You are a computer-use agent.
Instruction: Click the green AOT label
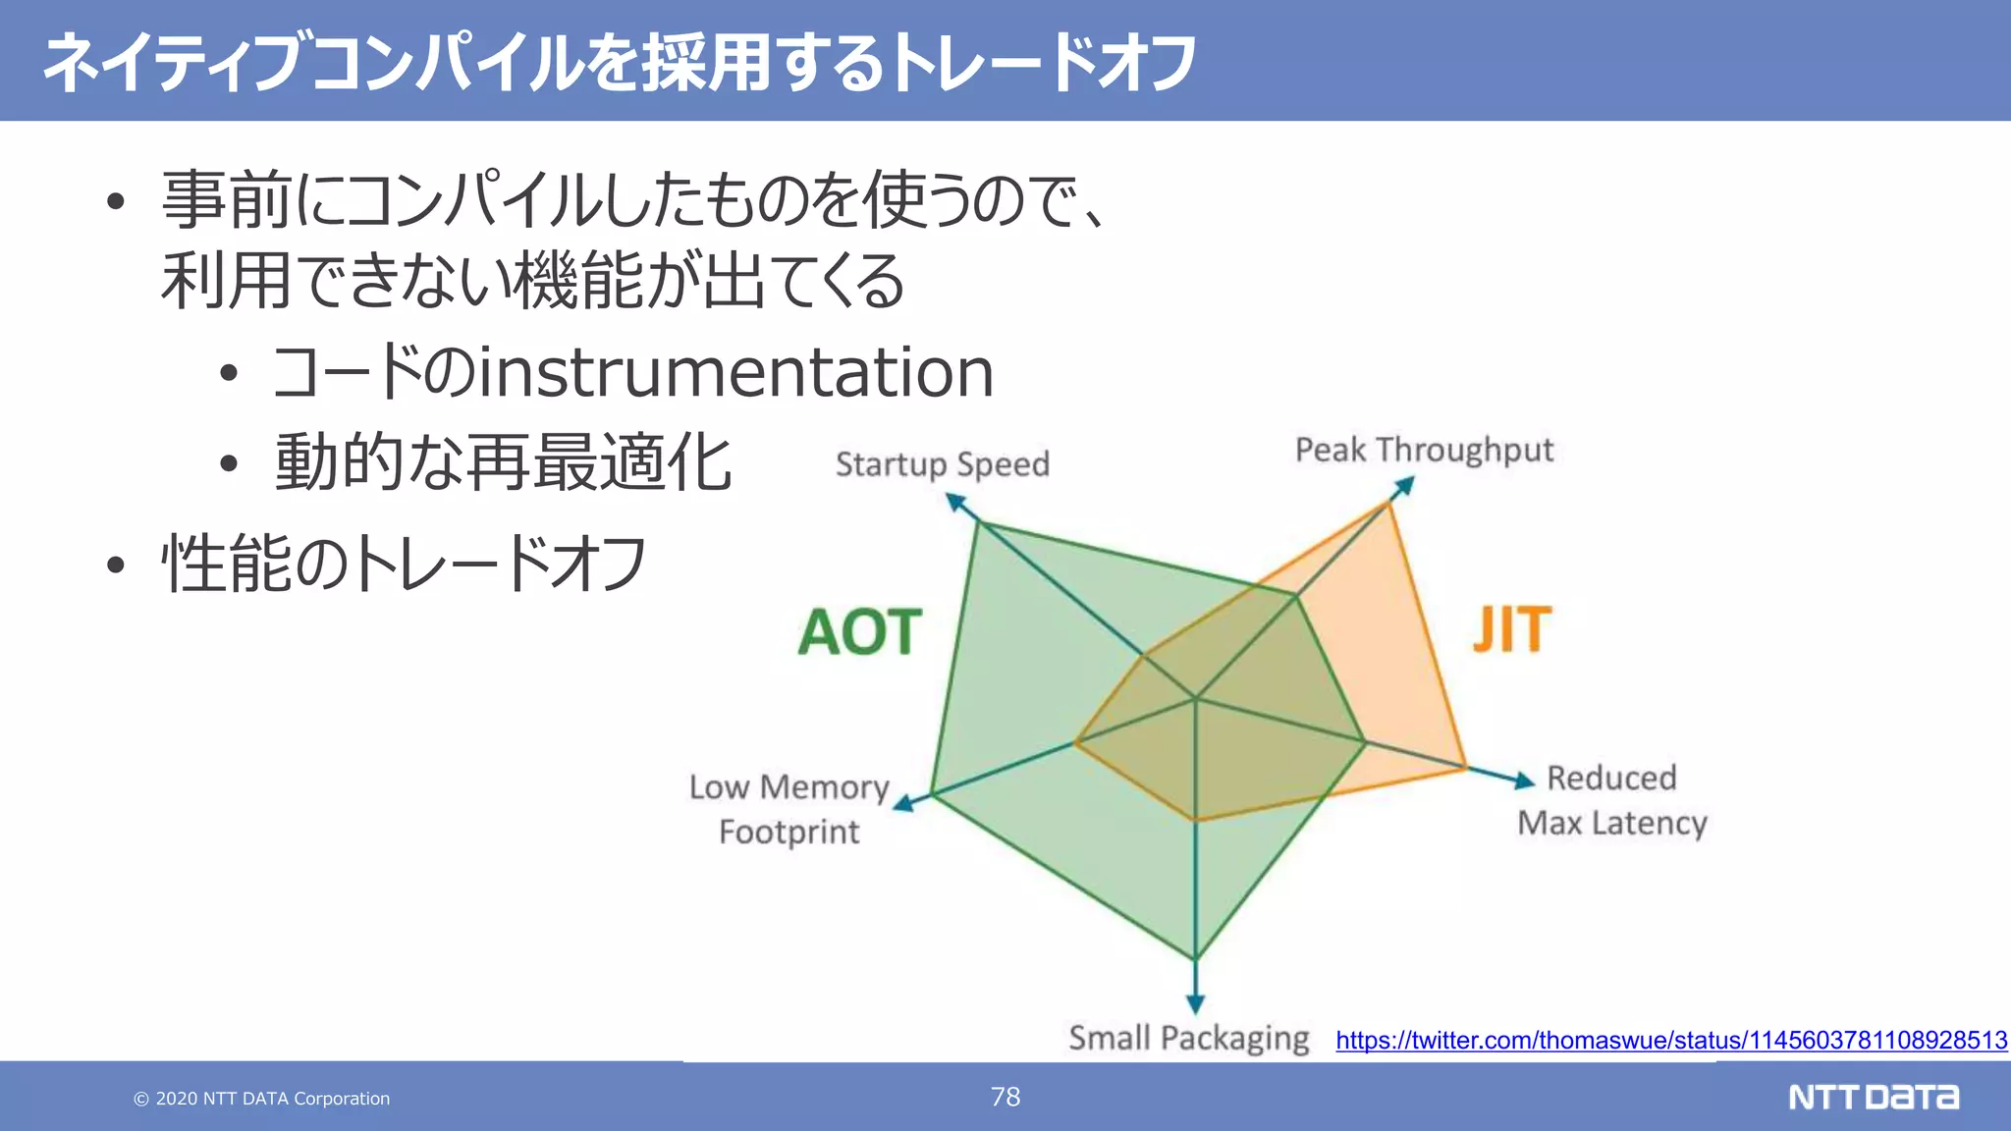(x=860, y=632)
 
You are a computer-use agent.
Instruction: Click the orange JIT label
(x=1512, y=630)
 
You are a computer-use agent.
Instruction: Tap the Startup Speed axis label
(x=943, y=463)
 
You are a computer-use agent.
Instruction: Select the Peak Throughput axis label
(x=1424, y=450)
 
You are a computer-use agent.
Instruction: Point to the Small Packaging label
(x=1188, y=1038)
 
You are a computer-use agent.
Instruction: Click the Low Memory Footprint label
(x=789, y=809)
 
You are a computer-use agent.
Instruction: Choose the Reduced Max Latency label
(x=1612, y=800)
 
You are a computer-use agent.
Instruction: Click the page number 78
(x=1005, y=1097)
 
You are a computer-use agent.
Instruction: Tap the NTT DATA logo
(x=1874, y=1097)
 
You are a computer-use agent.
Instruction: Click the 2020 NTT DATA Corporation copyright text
(x=262, y=1099)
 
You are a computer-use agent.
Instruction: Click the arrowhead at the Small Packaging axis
(x=1195, y=1003)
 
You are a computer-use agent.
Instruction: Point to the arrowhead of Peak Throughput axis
(x=1405, y=486)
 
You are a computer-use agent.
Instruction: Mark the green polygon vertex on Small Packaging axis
(x=1195, y=959)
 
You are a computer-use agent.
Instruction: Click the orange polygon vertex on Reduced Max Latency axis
(x=1465, y=768)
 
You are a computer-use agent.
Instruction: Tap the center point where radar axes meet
(x=1195, y=699)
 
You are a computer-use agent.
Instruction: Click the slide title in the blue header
(x=619, y=63)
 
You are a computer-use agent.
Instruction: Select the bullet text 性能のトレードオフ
(x=404, y=565)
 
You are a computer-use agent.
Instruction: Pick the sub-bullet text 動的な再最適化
(x=503, y=462)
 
